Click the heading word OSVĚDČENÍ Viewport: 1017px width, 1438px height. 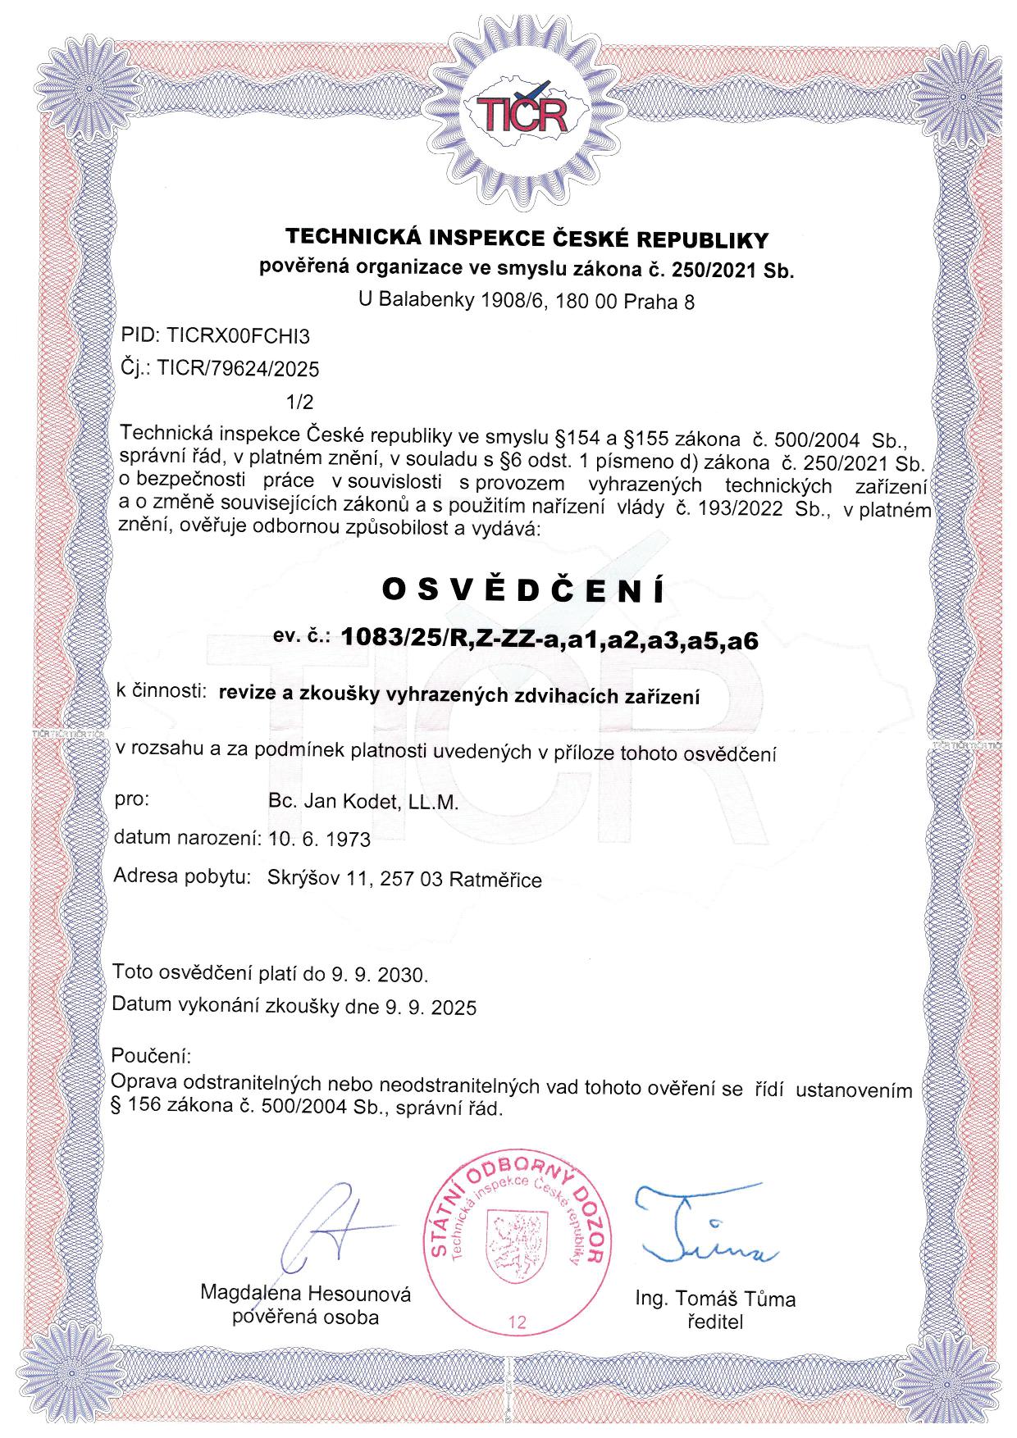coord(523,590)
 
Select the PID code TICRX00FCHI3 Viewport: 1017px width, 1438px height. coord(238,335)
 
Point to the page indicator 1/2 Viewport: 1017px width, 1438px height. coord(299,402)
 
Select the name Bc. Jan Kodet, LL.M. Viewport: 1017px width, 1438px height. coord(363,802)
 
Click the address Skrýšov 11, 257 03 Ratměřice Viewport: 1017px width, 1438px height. coord(404,880)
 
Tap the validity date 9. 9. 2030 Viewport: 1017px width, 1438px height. coord(380,975)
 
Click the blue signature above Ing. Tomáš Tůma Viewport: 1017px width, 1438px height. coord(705,1226)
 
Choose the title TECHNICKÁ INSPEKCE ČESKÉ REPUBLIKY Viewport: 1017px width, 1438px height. coord(526,239)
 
